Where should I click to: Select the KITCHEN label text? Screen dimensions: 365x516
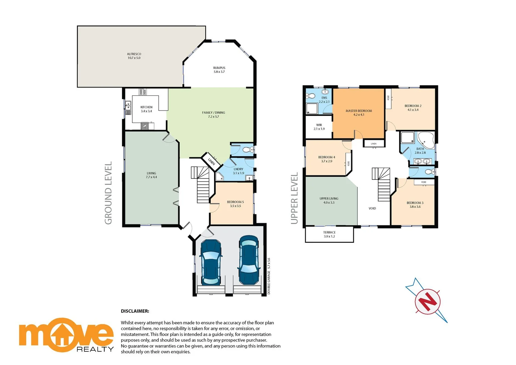tap(146, 107)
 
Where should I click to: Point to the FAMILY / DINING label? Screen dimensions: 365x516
tap(213, 113)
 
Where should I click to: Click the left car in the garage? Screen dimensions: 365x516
tap(211, 262)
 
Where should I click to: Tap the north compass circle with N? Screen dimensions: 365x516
tap(428, 301)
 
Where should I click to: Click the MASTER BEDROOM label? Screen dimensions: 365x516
tap(359, 111)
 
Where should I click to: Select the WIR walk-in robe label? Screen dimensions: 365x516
tap(319, 125)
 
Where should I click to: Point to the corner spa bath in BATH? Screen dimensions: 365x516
tap(426, 140)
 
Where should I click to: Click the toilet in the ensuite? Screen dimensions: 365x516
tap(310, 95)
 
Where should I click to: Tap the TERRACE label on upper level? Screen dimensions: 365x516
tap(329, 233)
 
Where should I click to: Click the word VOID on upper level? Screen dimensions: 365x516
tap(372, 209)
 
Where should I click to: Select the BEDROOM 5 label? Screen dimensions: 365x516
tap(235, 202)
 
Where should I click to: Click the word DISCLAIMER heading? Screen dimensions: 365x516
tap(135, 311)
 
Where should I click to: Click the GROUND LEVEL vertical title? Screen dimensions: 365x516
tap(108, 193)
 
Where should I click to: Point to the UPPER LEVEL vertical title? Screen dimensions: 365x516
tap(294, 198)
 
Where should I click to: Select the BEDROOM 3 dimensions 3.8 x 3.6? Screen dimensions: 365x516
tap(415, 207)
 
